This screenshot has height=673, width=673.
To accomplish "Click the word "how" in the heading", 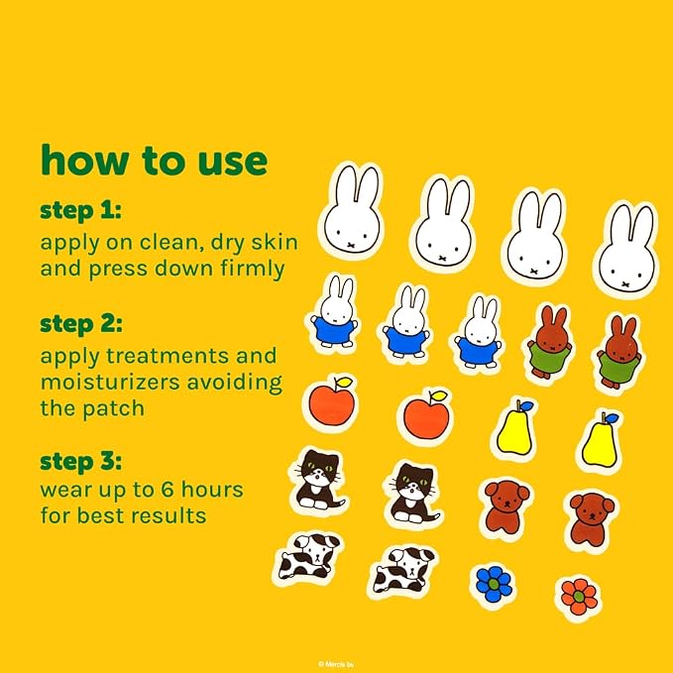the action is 84,160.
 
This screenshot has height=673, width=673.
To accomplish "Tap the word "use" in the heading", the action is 233,163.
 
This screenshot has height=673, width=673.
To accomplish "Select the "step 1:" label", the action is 80,211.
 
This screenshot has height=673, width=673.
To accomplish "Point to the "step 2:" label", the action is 81,324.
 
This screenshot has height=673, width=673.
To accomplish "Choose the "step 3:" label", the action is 80,462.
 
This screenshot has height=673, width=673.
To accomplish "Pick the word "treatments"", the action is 167,356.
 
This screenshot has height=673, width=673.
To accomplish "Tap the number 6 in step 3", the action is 168,490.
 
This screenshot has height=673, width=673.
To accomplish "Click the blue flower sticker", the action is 494,583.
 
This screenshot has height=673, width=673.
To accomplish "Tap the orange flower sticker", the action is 579,596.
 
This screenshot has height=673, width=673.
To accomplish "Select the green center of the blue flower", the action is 494,584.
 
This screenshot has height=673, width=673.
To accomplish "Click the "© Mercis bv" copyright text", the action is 336,664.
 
